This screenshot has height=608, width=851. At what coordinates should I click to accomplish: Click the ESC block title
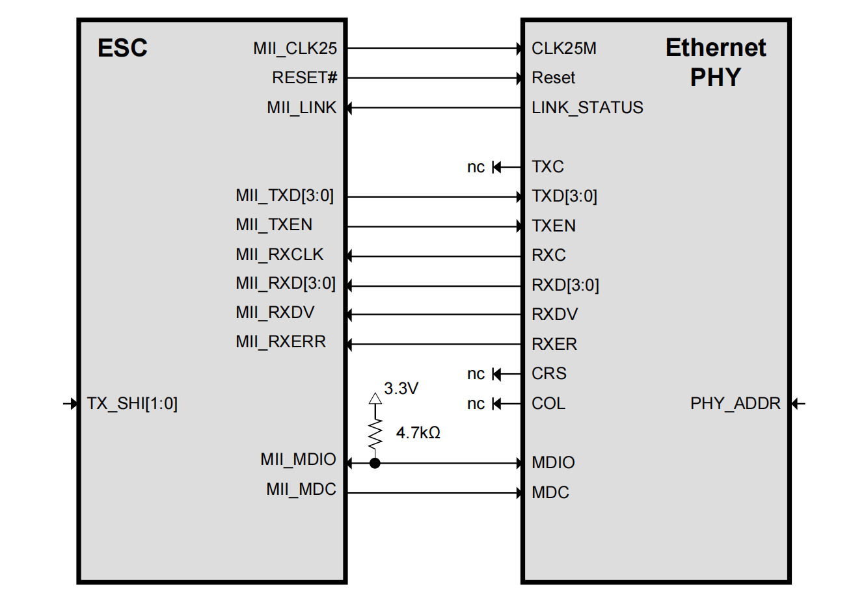click(x=122, y=48)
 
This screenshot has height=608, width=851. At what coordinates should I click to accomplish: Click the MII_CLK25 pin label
click(x=295, y=49)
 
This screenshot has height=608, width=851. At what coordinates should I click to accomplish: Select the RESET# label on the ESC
click(x=304, y=78)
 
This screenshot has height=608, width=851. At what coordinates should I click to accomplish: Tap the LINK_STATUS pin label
click(x=587, y=108)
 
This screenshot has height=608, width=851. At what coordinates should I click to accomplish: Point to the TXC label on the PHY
click(x=547, y=167)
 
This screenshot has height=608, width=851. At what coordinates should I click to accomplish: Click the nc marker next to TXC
click(x=476, y=168)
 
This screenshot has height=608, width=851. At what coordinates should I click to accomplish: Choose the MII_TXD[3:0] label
click(x=284, y=196)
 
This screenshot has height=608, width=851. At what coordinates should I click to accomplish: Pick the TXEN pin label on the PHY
click(x=553, y=226)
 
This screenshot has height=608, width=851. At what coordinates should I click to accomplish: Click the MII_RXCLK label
click(x=279, y=255)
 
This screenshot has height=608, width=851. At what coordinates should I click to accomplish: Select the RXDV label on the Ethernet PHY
click(x=554, y=315)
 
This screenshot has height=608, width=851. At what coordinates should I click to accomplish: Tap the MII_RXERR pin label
click(x=280, y=342)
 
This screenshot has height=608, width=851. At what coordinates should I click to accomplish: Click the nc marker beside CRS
click(x=476, y=374)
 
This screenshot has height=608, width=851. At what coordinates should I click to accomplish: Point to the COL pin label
click(x=548, y=404)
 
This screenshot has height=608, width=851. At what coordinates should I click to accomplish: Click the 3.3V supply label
click(x=401, y=389)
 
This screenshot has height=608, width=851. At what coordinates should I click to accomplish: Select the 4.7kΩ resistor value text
click(x=418, y=433)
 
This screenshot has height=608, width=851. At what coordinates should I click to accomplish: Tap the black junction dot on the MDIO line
click(x=375, y=464)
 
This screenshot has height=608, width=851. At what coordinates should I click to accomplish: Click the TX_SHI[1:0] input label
click(x=132, y=404)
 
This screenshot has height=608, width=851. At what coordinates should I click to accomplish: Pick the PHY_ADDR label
click(x=735, y=404)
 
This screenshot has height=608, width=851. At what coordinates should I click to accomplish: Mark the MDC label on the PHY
click(x=550, y=493)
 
